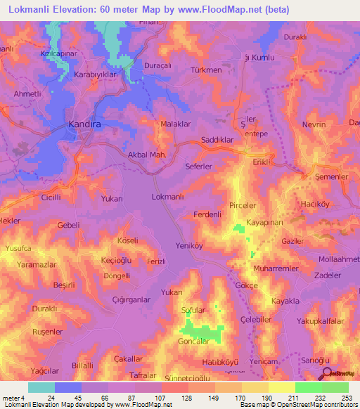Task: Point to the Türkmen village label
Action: coord(206,70)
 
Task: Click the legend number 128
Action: coord(187,398)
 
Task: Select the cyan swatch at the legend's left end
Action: coord(41,387)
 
